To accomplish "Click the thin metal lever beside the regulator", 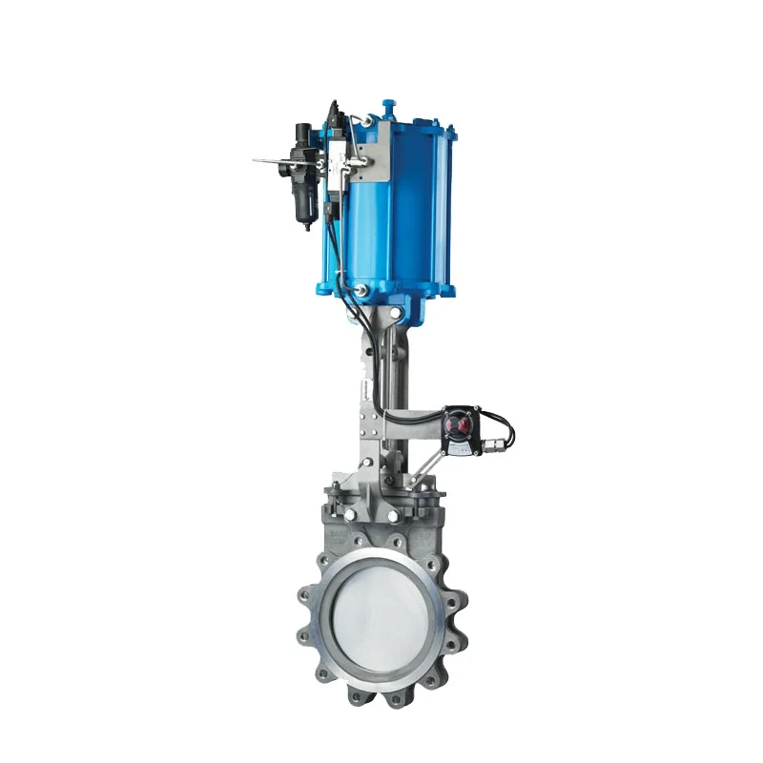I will click(x=272, y=161).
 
